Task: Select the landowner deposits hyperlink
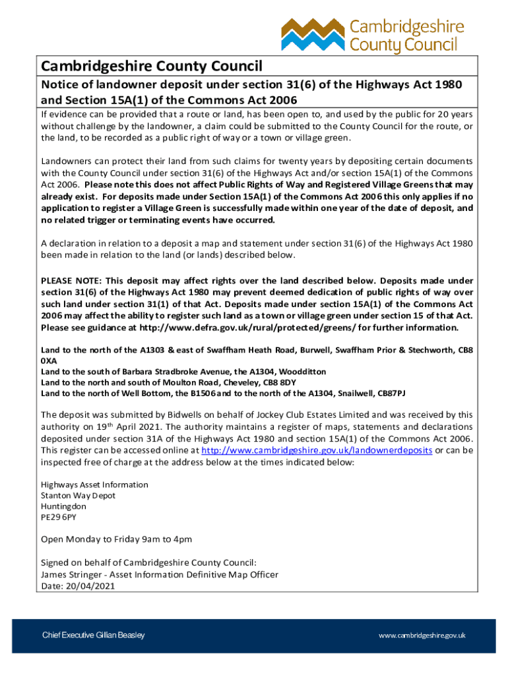pyautogui.click(x=317, y=450)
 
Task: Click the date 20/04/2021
pyautogui.click(x=84, y=585)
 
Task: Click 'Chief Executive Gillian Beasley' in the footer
pyautogui.click(x=94, y=635)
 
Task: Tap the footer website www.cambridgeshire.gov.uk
pyautogui.click(x=422, y=635)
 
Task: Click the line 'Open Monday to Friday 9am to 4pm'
pyautogui.click(x=116, y=540)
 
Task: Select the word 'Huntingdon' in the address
pyautogui.click(x=63, y=506)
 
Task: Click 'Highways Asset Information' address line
pyautogui.click(x=94, y=484)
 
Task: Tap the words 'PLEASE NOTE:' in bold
pyautogui.click(x=71, y=281)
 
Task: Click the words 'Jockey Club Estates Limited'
pyautogui.click(x=315, y=415)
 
